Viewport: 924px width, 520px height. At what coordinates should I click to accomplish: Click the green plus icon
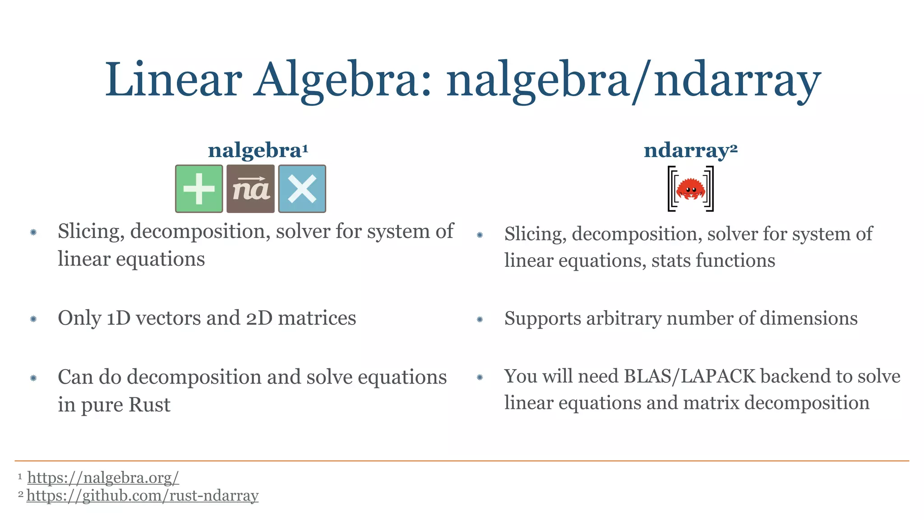(199, 189)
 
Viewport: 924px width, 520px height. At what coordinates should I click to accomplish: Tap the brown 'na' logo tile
(250, 189)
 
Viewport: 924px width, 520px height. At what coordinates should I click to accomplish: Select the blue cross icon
(302, 189)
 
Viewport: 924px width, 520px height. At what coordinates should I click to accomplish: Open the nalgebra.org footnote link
(103, 477)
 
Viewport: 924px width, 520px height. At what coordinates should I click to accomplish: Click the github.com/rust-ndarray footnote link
(143, 495)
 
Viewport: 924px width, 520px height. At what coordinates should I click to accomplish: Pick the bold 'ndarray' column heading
(687, 150)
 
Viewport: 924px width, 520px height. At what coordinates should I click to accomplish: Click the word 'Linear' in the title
(174, 80)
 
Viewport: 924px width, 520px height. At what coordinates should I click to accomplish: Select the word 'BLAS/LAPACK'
(689, 376)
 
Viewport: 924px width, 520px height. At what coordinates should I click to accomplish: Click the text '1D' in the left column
(119, 318)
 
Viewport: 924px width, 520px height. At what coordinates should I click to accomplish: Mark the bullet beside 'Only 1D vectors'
(33, 319)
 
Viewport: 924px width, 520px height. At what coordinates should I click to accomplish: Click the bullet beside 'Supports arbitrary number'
(480, 320)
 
